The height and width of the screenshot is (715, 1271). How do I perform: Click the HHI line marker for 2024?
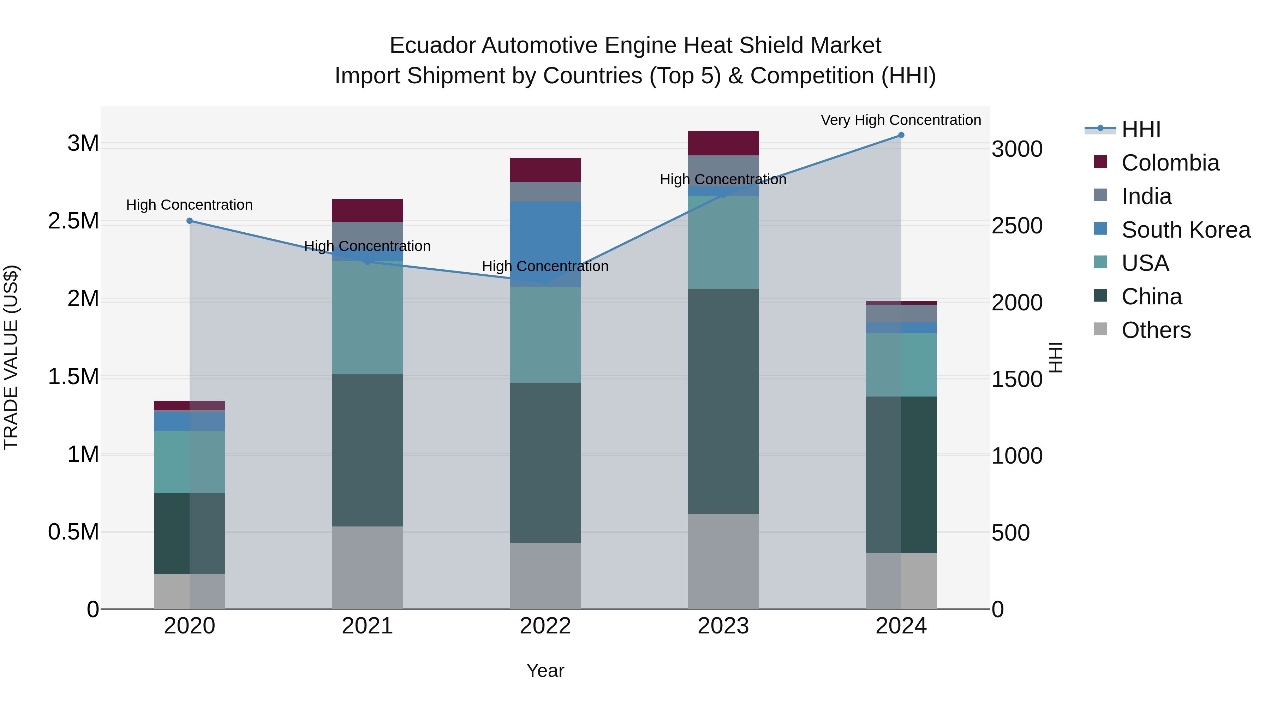click(x=901, y=135)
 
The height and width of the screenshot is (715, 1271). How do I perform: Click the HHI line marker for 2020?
click(x=190, y=221)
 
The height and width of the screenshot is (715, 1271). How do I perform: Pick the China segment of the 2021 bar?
click(x=367, y=450)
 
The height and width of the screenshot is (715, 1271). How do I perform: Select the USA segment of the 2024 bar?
click(x=901, y=365)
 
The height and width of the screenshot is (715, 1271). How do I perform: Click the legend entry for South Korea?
click(x=1186, y=230)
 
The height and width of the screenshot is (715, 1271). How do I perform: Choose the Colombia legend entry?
click(x=1170, y=163)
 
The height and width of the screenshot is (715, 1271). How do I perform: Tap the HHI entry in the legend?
click(x=1141, y=129)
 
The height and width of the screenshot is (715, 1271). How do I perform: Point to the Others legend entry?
click(x=1156, y=330)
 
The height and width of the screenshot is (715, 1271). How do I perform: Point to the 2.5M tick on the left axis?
click(x=73, y=221)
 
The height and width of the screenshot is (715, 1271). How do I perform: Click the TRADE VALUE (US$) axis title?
click(x=11, y=357)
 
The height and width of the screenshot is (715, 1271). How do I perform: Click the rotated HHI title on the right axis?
click(x=1055, y=357)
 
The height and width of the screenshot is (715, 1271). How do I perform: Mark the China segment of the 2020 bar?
click(x=190, y=534)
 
